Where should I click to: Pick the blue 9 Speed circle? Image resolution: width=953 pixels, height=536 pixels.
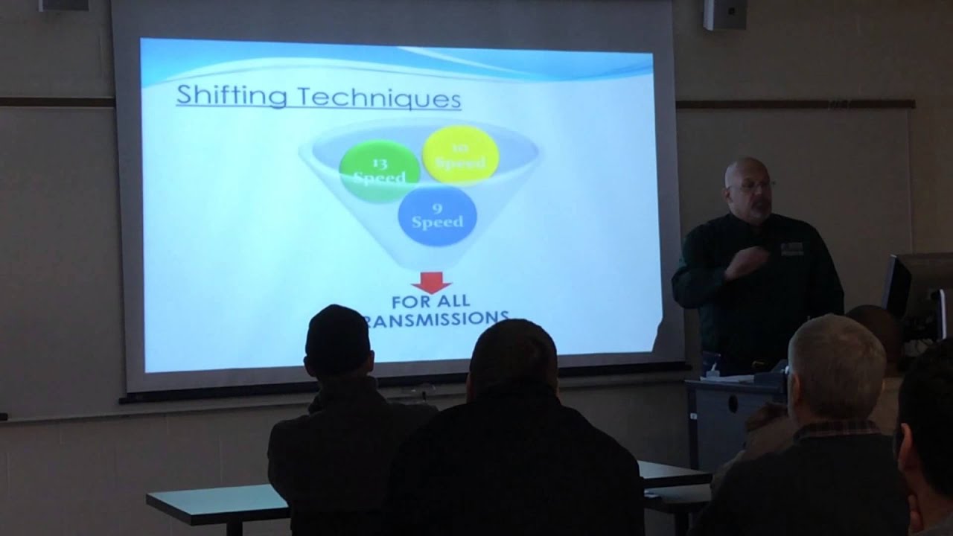coord(437,215)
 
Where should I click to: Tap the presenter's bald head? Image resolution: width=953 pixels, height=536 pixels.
coord(745,173)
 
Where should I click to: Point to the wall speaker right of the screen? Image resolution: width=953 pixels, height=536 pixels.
coord(724,13)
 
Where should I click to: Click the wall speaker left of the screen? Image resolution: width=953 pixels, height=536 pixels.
coord(63,4)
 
